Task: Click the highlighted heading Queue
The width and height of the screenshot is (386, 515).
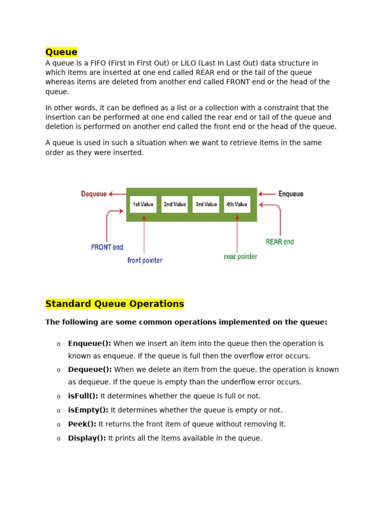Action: pyautogui.click(x=61, y=52)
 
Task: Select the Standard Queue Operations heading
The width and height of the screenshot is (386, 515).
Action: pyautogui.click(x=115, y=304)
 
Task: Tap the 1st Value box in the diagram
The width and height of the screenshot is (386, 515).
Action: pyautogui.click(x=143, y=204)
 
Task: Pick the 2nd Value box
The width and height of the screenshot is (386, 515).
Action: pyautogui.click(x=174, y=204)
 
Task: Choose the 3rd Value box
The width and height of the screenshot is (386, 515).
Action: pyautogui.click(x=206, y=204)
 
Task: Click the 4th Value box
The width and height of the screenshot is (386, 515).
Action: pyautogui.click(x=237, y=204)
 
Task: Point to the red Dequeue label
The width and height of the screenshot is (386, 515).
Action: pyautogui.click(x=94, y=194)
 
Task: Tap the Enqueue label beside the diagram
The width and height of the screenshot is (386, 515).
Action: pyautogui.click(x=291, y=194)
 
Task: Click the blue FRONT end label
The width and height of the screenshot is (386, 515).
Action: pyautogui.click(x=107, y=247)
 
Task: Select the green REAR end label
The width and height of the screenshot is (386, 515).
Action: pyautogui.click(x=279, y=242)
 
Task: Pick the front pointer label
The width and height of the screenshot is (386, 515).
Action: pyautogui.click(x=145, y=261)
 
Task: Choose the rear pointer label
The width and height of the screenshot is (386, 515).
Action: pyautogui.click(x=240, y=256)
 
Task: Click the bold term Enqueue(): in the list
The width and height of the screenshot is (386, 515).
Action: pyautogui.click(x=89, y=344)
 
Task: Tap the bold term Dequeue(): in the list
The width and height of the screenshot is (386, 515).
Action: pyautogui.click(x=90, y=370)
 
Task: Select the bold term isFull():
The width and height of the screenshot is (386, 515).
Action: pyautogui.click(x=83, y=396)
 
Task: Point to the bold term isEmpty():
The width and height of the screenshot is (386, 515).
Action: pyautogui.click(x=88, y=410)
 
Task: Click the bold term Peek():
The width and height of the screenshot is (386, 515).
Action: pyautogui.click(x=82, y=424)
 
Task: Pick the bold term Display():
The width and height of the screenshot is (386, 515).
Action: pyautogui.click(x=87, y=438)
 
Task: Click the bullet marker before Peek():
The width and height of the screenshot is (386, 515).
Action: pyautogui.click(x=58, y=424)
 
